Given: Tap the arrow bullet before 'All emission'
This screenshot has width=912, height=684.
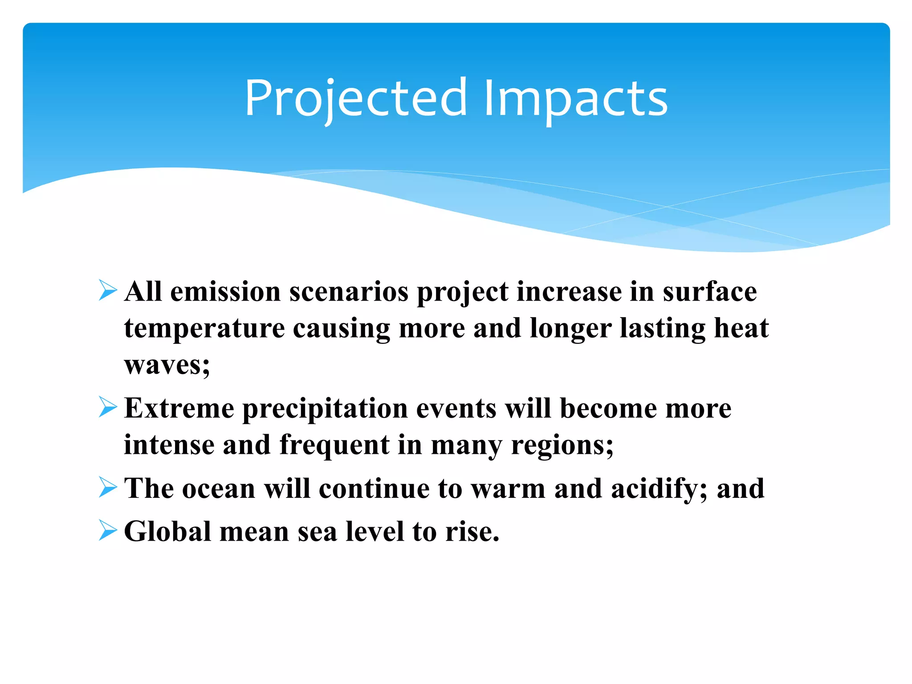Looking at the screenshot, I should pos(108,291).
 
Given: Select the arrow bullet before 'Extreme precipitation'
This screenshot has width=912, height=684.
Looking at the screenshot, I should pos(108,407).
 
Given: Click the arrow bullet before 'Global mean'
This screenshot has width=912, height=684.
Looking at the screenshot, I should pos(108,530).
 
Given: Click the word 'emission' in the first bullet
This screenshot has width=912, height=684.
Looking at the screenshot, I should pos(225,292).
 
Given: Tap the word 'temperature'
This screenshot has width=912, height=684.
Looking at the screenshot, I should pos(204,329).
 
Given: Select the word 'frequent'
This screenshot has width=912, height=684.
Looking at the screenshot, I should pos(334,445).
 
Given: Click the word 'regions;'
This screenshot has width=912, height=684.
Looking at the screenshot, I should pos(562,445).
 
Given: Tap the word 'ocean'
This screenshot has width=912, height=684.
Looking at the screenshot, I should pos(219,489).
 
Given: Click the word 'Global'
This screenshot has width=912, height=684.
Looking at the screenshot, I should pos(167,531).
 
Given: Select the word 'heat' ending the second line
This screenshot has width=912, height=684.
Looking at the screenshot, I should pos(741,329).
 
